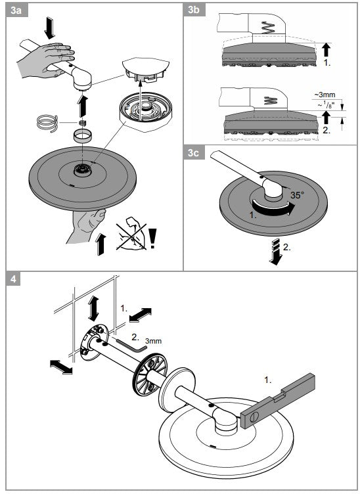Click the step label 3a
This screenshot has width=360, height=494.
point(16,10)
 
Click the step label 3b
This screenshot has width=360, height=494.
point(194,10)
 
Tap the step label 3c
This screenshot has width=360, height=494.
point(194,152)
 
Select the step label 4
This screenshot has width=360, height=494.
point(13,279)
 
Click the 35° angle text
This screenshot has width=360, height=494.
point(297,195)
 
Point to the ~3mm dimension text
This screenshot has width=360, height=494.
point(325,95)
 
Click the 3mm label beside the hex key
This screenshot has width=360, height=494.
point(153,341)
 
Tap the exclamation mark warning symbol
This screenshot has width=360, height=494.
point(153,238)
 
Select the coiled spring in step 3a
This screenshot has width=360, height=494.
point(47,123)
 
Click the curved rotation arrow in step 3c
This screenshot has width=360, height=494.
point(272,209)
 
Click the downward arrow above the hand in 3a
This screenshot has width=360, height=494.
point(49,28)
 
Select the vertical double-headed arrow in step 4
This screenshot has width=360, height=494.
point(93,309)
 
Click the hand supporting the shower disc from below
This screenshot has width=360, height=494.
point(87,225)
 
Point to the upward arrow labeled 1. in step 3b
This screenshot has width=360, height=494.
point(326,50)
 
